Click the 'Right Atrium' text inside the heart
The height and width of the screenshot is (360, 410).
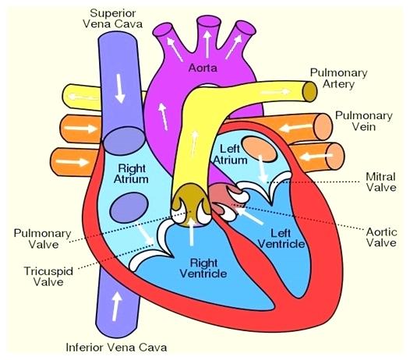click(x=132, y=174)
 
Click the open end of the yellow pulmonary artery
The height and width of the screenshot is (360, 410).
click(x=310, y=91)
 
